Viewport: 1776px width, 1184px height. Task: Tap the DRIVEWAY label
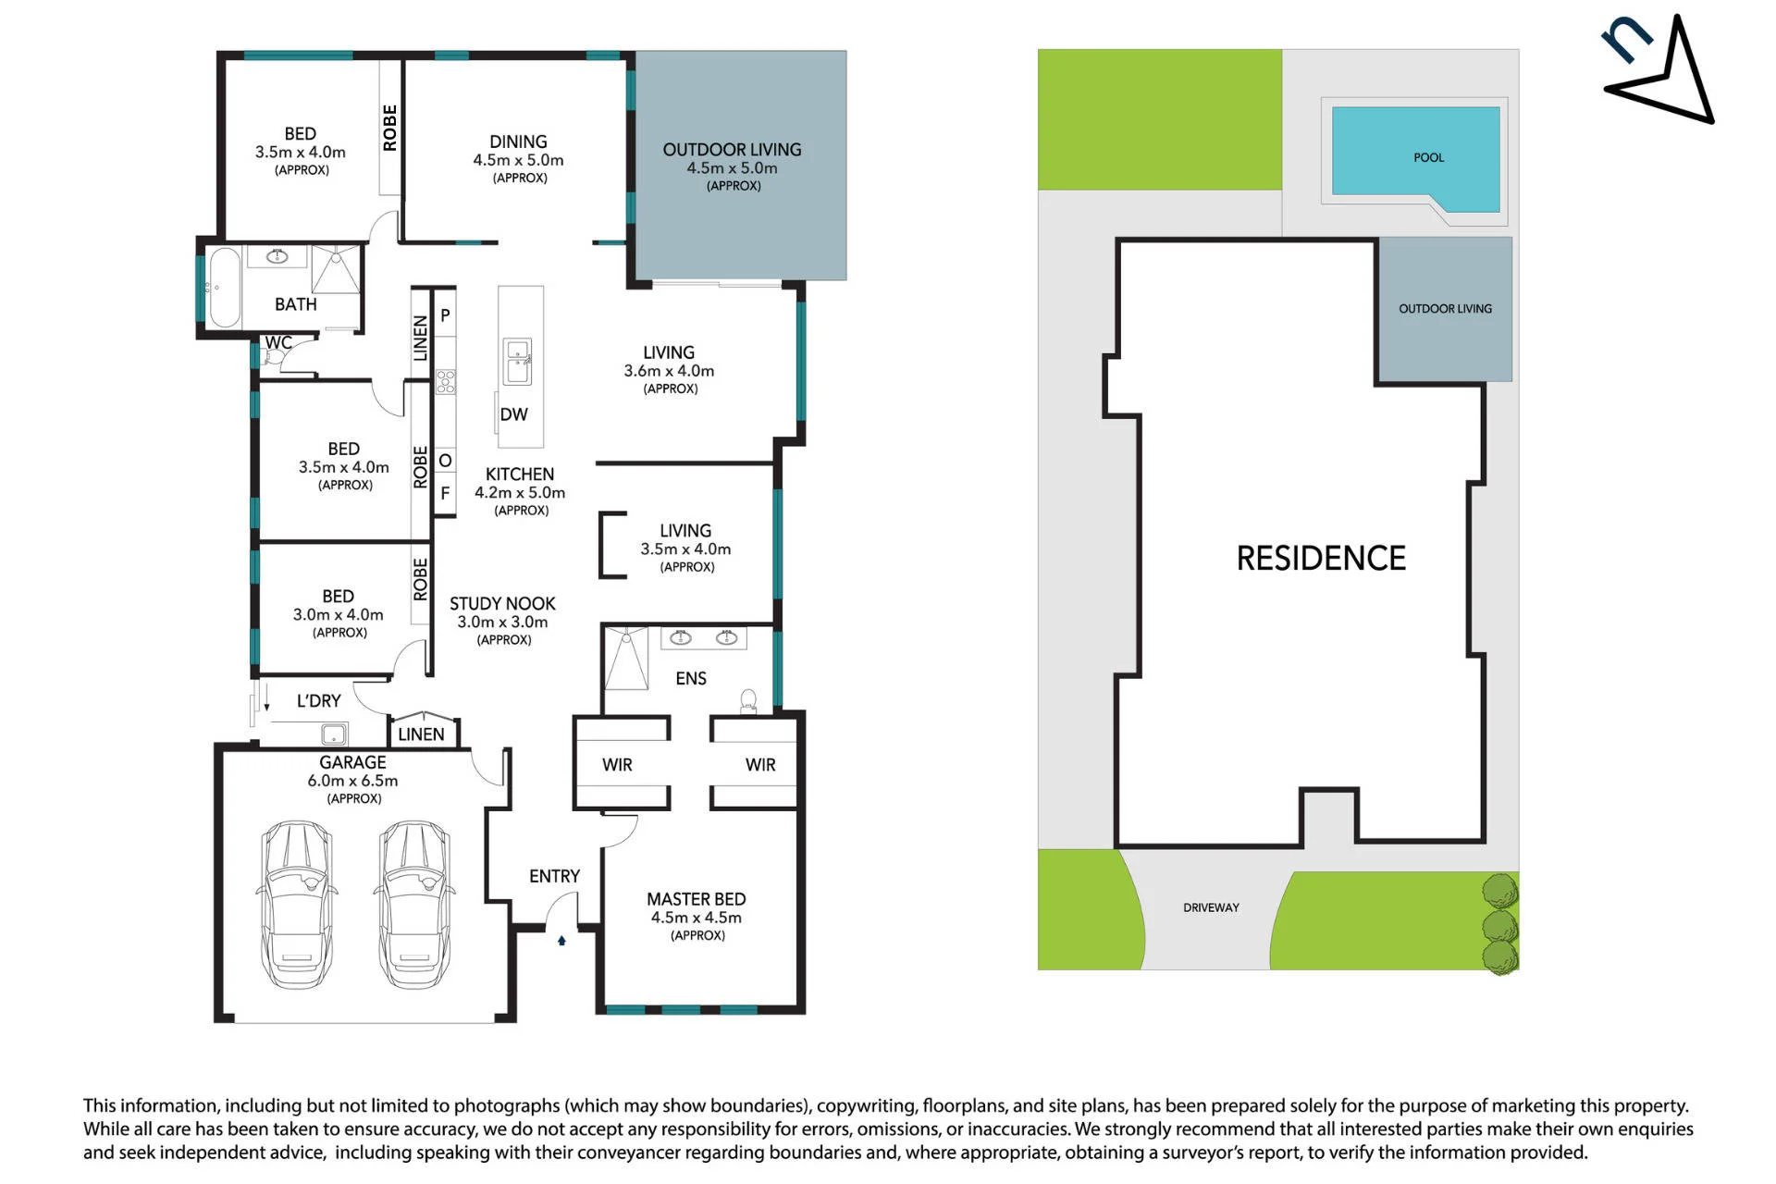[1211, 907]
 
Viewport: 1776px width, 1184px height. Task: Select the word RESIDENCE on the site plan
[1321, 558]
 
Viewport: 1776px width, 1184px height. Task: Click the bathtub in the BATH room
[225, 287]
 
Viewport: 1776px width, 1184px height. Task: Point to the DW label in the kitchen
[513, 414]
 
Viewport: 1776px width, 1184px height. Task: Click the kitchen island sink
[517, 361]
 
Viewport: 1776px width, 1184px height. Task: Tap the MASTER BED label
[696, 899]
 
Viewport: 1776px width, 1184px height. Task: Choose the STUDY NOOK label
[502, 603]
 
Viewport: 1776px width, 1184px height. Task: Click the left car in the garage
[297, 905]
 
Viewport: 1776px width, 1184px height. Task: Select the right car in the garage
[414, 905]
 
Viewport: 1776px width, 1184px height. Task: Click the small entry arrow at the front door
[561, 941]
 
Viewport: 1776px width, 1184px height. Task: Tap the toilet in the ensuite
[748, 701]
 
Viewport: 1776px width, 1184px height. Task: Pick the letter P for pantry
[445, 315]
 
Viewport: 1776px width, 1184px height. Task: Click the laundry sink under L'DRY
[333, 734]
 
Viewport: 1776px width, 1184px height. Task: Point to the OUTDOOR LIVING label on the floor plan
[732, 150]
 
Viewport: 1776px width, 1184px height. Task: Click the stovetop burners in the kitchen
[446, 381]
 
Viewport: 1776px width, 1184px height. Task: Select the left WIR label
[617, 765]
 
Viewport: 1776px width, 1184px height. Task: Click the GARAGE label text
[352, 762]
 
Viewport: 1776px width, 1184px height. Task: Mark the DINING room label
[518, 142]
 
